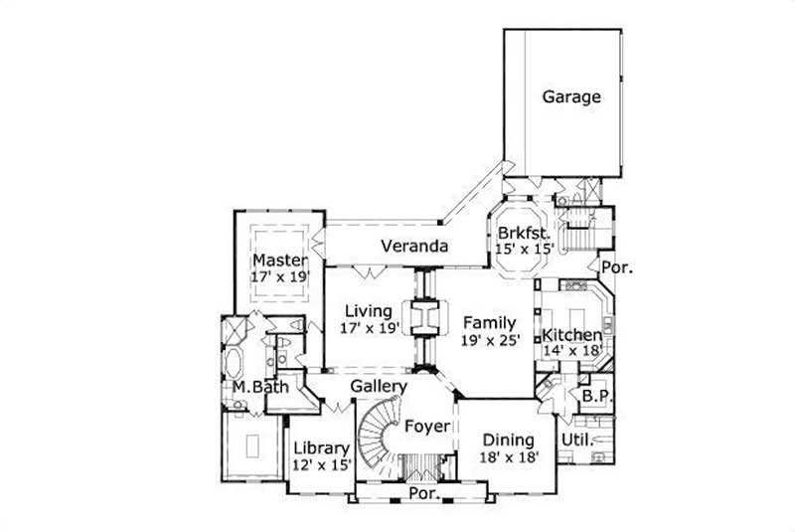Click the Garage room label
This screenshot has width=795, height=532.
[571, 97]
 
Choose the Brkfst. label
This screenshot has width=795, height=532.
[523, 235]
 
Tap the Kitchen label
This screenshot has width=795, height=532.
[571, 334]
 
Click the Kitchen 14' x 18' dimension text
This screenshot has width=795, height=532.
[571, 350]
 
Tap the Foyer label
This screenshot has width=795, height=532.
[428, 427]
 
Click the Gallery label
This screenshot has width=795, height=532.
[379, 386]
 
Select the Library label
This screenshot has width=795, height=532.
[321, 448]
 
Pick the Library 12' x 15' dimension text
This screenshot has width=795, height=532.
[321, 464]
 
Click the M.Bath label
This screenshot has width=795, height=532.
[261, 387]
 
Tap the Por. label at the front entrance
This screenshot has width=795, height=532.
[421, 494]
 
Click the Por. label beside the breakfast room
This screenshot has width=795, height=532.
[617, 267]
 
